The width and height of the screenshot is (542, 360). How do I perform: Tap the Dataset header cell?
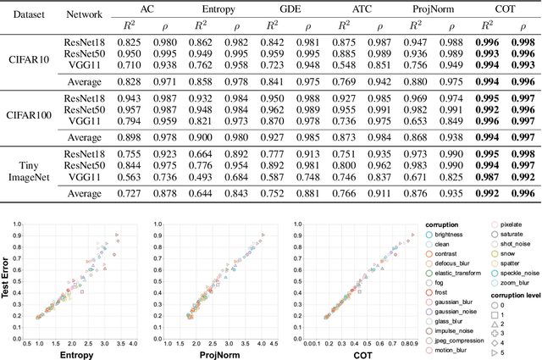point(25,14)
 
